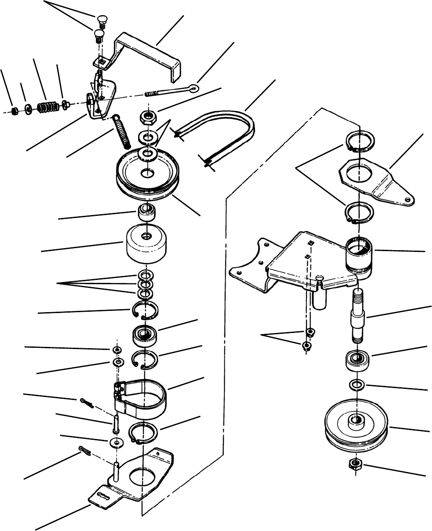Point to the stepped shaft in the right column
pyautogui.click(x=358, y=316)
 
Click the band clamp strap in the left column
pyautogui.click(x=144, y=394)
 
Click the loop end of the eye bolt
pyautogui.click(x=194, y=88)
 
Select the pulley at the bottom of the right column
pyautogui.click(x=357, y=424)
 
